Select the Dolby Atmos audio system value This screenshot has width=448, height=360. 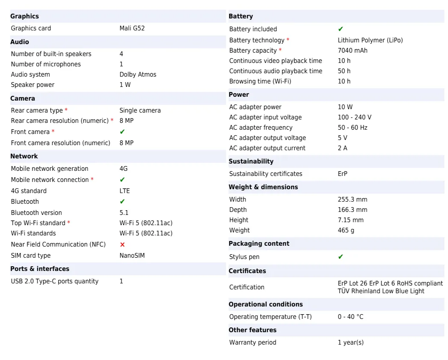pyautogui.click(x=138, y=74)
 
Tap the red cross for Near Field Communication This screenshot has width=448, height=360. pyautogui.click(x=122, y=244)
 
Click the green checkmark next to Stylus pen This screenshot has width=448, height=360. pyautogui.click(x=341, y=257)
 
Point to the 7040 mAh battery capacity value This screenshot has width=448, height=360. pyautogui.click(x=353, y=51)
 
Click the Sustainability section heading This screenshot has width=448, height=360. pyautogui.click(x=251, y=161)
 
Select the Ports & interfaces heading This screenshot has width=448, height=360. pyautogui.click(x=40, y=269)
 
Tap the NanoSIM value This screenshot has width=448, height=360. pyautogui.click(x=132, y=256)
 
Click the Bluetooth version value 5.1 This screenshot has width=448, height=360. pyautogui.click(x=124, y=213)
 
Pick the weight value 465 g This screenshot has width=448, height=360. pyautogui.click(x=346, y=230)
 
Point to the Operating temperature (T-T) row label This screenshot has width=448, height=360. pyautogui.click(x=270, y=317)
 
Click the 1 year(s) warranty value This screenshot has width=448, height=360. pyautogui.click(x=351, y=342)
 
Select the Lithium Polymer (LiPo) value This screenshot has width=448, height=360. pyautogui.click(x=370, y=40)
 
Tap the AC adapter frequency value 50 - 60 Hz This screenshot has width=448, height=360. pyautogui.click(x=353, y=128)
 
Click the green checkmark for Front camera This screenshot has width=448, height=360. pyautogui.click(x=122, y=132)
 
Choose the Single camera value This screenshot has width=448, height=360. pyautogui.click(x=140, y=110)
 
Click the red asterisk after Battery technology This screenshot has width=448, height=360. pyautogui.click(x=288, y=40)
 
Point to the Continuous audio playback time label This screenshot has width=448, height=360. pyautogui.click(x=276, y=71)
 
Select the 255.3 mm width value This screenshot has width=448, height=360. pyautogui.click(x=353, y=199)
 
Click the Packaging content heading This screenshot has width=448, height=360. pyautogui.click(x=259, y=244)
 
